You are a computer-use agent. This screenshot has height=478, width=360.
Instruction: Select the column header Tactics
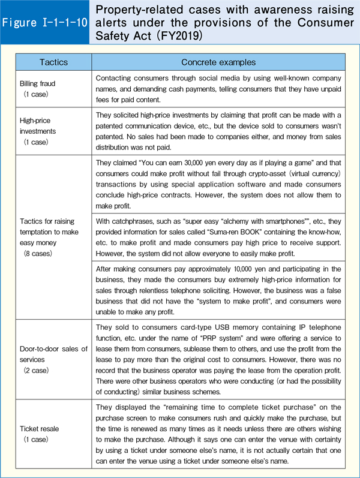[x=53, y=62]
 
